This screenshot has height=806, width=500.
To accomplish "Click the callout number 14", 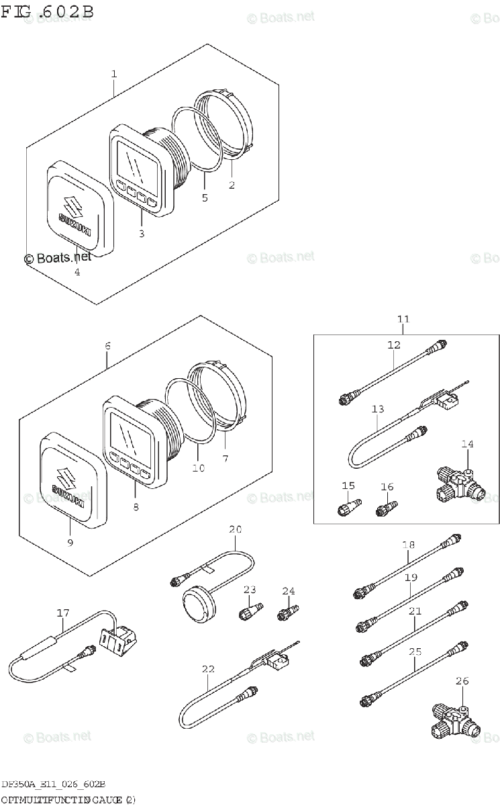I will coord(467,444).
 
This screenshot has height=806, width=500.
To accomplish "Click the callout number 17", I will coord(63,613).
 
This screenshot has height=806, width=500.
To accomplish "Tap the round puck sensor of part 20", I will coord(199,601).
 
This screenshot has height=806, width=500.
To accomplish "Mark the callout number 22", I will coord(208,668).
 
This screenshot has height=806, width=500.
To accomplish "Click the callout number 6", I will coord(107,347).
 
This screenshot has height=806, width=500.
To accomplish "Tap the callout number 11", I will coord(403,319).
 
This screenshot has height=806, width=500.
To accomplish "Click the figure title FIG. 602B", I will coord(47,11).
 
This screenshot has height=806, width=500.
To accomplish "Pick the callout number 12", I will coord(393,345).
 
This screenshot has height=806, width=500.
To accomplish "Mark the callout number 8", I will coord(136,507).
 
